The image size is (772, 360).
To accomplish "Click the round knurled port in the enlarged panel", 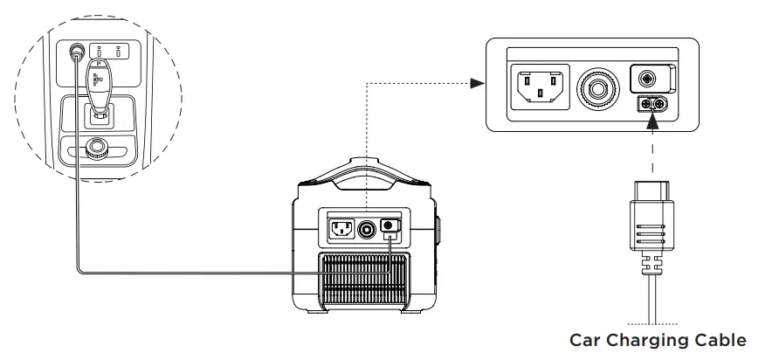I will point(599,87).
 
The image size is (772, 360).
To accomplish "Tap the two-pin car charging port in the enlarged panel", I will point(650,105).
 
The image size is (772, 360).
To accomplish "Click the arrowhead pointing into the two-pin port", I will point(651,122).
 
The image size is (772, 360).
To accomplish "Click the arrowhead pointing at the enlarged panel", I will point(477,83).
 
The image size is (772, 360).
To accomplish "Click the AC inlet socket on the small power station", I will point(341,230).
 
